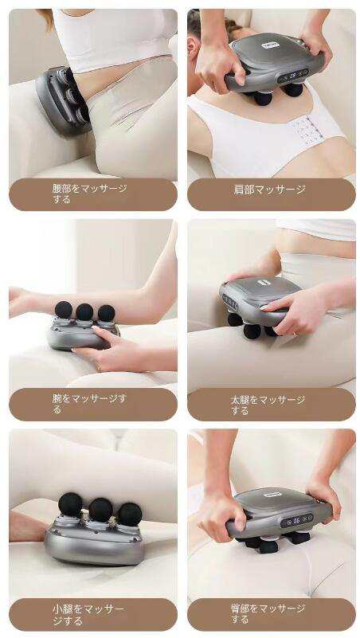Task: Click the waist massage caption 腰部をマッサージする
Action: click(89, 194)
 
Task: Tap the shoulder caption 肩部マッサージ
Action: click(269, 190)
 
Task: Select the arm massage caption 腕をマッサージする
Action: click(89, 404)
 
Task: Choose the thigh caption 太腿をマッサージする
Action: click(268, 405)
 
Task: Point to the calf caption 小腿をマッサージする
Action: click(88, 615)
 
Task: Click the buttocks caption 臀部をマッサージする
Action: click(268, 614)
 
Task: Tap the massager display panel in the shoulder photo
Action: click(293, 76)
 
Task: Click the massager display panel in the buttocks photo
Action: click(296, 519)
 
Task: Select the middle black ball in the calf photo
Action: click(100, 510)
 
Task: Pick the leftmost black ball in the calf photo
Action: click(70, 505)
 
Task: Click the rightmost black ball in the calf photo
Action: click(130, 515)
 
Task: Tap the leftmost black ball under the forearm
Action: click(64, 310)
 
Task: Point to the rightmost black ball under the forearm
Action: click(106, 313)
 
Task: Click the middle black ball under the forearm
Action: click(84, 311)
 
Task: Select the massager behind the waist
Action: click(63, 100)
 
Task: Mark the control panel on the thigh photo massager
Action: click(229, 301)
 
